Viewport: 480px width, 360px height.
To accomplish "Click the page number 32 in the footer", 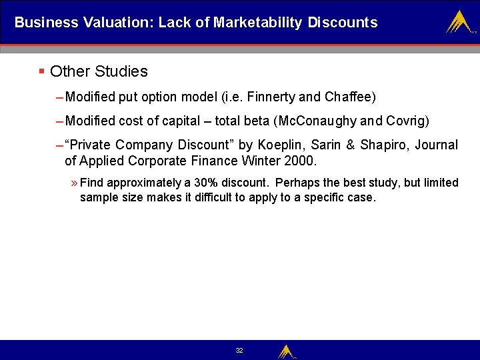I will click(x=239, y=350).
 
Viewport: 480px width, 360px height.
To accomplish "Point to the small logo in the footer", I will click(x=286, y=351).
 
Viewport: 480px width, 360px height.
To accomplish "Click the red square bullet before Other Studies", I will click(x=41, y=71).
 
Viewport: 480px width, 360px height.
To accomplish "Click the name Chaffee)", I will click(x=350, y=97).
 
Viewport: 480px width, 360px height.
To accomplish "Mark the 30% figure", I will click(x=207, y=183).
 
